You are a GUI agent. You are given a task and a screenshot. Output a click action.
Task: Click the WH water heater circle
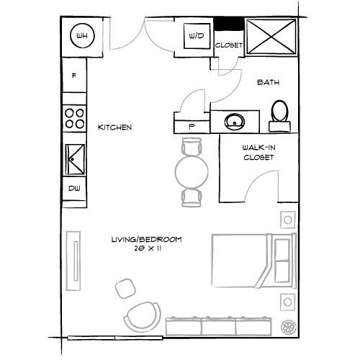tap(82, 35)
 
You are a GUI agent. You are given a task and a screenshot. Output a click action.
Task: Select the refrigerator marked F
tap(74, 76)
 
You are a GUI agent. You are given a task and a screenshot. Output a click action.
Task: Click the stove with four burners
tap(74, 117)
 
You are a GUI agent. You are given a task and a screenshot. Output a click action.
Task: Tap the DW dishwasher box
tap(74, 189)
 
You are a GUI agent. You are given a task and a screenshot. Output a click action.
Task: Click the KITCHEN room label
tap(115, 127)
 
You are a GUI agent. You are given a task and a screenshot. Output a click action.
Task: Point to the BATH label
tap(268, 84)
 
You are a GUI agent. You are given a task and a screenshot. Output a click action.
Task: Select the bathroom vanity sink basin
tap(235, 120)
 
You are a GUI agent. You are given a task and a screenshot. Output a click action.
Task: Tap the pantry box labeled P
tap(192, 125)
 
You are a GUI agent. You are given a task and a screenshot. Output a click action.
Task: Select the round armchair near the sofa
tap(142, 317)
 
